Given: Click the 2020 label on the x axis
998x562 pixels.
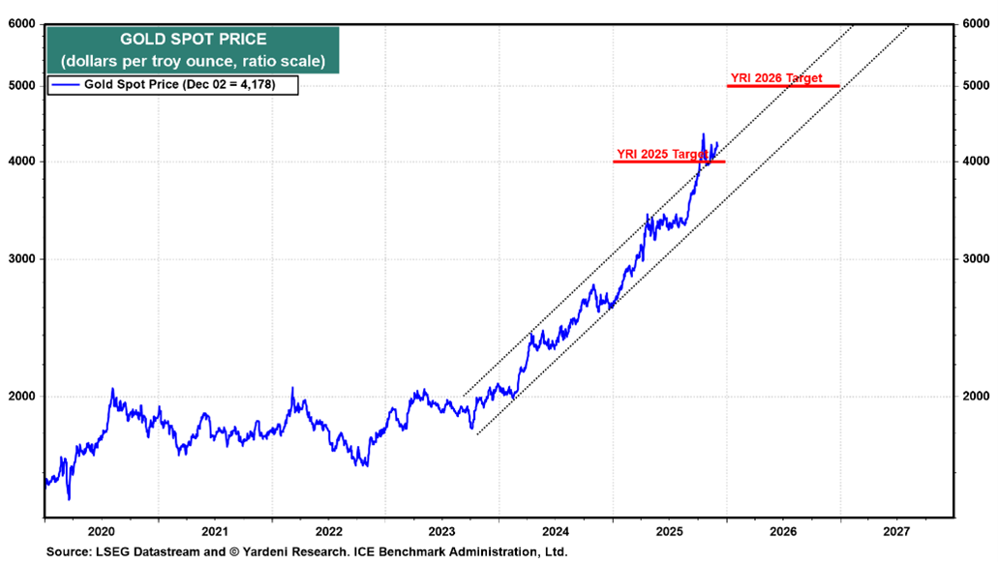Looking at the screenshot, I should point(101,531).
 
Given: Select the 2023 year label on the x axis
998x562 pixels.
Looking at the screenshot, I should point(442,531).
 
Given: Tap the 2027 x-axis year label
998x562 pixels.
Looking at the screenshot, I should point(896,531).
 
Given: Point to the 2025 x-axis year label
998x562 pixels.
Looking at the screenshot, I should point(670,531).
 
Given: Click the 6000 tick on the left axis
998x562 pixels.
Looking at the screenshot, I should point(22,24).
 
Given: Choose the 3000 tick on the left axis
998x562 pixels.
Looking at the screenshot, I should point(22,259).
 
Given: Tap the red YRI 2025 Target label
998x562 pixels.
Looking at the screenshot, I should point(662,154).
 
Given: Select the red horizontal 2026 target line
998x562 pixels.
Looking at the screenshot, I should point(783,86).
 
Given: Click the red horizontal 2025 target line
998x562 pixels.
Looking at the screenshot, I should point(668,162).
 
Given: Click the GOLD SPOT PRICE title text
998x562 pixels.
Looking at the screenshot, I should point(194,40).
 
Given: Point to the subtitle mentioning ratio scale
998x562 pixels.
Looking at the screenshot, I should point(194,61).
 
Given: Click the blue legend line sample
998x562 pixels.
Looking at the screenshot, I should point(66,85).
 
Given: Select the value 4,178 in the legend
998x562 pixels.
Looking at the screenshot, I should point(270,85).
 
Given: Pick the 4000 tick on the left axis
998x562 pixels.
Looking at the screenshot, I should point(22,162).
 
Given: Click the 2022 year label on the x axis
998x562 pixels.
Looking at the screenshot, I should point(328,531).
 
